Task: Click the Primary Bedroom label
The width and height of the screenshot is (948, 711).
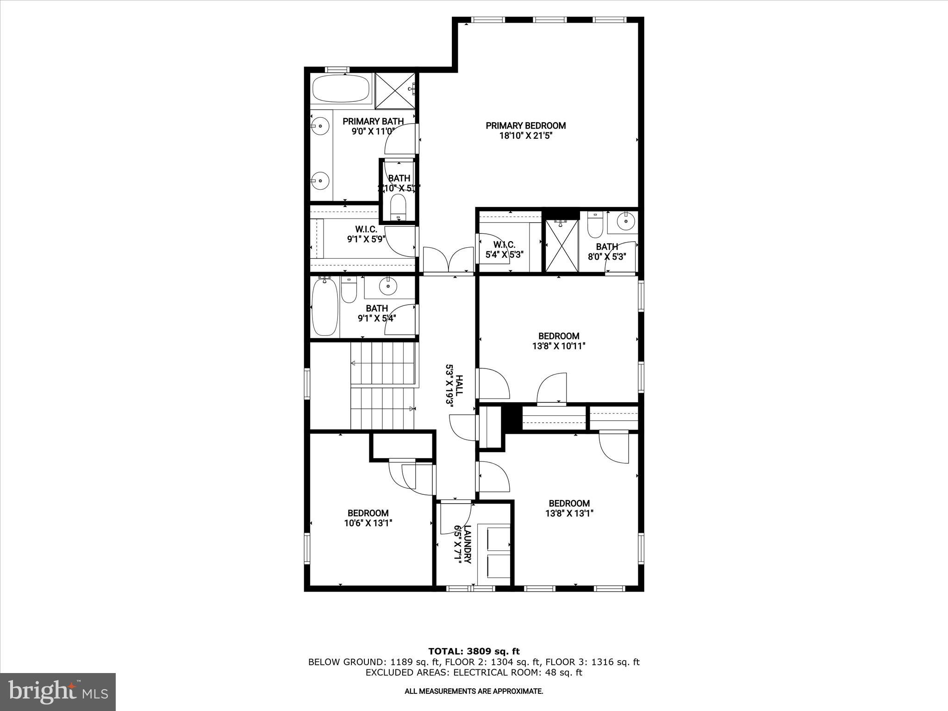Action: (x=525, y=131)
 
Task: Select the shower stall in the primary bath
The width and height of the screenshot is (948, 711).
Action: (x=394, y=90)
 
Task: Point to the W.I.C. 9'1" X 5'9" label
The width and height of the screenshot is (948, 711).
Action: (x=366, y=234)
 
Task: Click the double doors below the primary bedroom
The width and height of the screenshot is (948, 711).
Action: (x=449, y=261)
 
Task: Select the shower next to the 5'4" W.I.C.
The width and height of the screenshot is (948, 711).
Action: (x=561, y=246)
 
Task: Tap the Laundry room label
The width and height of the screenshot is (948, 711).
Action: (x=463, y=544)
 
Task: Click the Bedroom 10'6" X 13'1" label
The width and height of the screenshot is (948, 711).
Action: (x=368, y=518)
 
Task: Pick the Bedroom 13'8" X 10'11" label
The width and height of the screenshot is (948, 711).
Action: (x=559, y=341)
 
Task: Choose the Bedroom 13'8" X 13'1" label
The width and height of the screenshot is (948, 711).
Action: (x=569, y=508)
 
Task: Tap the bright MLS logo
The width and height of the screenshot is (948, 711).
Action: (x=58, y=692)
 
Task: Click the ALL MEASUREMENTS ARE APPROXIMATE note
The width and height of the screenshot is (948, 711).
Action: (x=474, y=692)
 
